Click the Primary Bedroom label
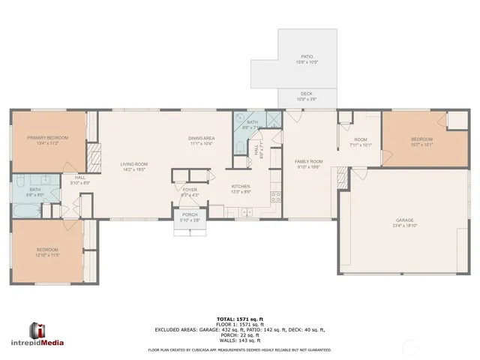point(48,139)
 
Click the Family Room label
point(308,163)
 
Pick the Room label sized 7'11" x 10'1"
point(361,142)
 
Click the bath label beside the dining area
point(252,125)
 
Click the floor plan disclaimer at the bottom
point(239,349)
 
